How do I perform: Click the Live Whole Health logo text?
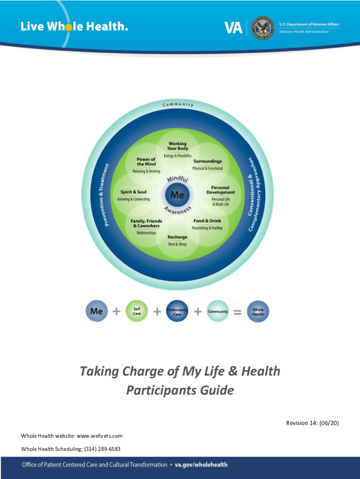pos(74,27)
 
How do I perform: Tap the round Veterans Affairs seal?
pos(262,28)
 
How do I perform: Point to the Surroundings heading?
pos(208,161)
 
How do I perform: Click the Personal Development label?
pos(220,190)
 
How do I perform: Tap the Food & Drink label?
pos(208,220)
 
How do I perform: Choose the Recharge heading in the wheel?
pos(177,237)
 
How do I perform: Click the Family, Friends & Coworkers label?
pos(146,223)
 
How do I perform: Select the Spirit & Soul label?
pos(133,192)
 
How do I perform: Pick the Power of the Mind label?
pos(146,161)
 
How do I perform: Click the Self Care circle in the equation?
pos(137,311)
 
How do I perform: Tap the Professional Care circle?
pos(177,312)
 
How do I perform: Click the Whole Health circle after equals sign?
pos(258,312)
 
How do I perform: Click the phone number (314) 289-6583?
pos(101,449)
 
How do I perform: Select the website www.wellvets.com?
pos(99,435)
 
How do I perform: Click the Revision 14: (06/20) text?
pos(312,423)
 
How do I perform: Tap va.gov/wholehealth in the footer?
pos(201,464)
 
